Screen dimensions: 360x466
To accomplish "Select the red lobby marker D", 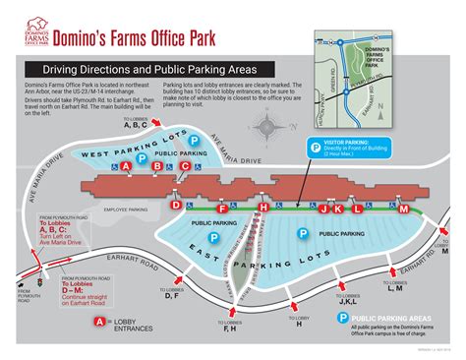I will (176, 206).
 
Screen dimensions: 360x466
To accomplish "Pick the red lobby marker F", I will (222, 210).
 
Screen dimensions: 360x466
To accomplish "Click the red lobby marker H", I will (262, 209).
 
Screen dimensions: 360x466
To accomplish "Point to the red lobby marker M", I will (403, 209).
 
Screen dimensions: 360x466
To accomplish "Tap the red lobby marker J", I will (338, 210).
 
